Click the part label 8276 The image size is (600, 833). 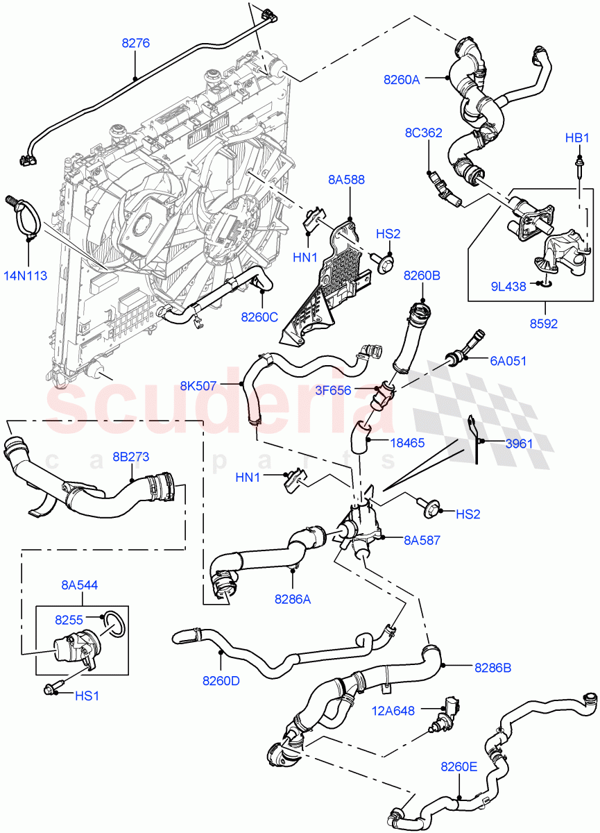point(136,43)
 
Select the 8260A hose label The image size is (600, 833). point(402,79)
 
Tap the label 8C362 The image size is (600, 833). point(424,133)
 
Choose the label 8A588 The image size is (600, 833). point(347,180)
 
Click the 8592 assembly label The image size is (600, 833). point(544,322)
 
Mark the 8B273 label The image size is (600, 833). point(130,457)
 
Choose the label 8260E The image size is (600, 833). point(459,767)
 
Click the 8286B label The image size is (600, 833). point(493,667)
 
